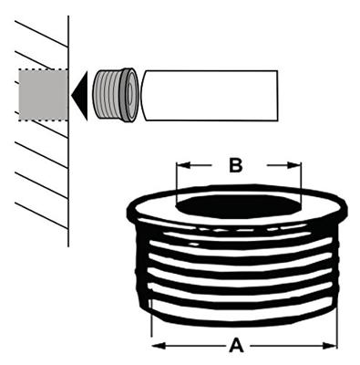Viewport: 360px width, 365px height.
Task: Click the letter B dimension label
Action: click(235, 165)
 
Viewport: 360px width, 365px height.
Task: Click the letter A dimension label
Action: click(238, 346)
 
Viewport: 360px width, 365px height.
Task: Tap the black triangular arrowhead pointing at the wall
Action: click(80, 93)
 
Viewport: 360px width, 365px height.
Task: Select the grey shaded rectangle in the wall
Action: click(42, 96)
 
